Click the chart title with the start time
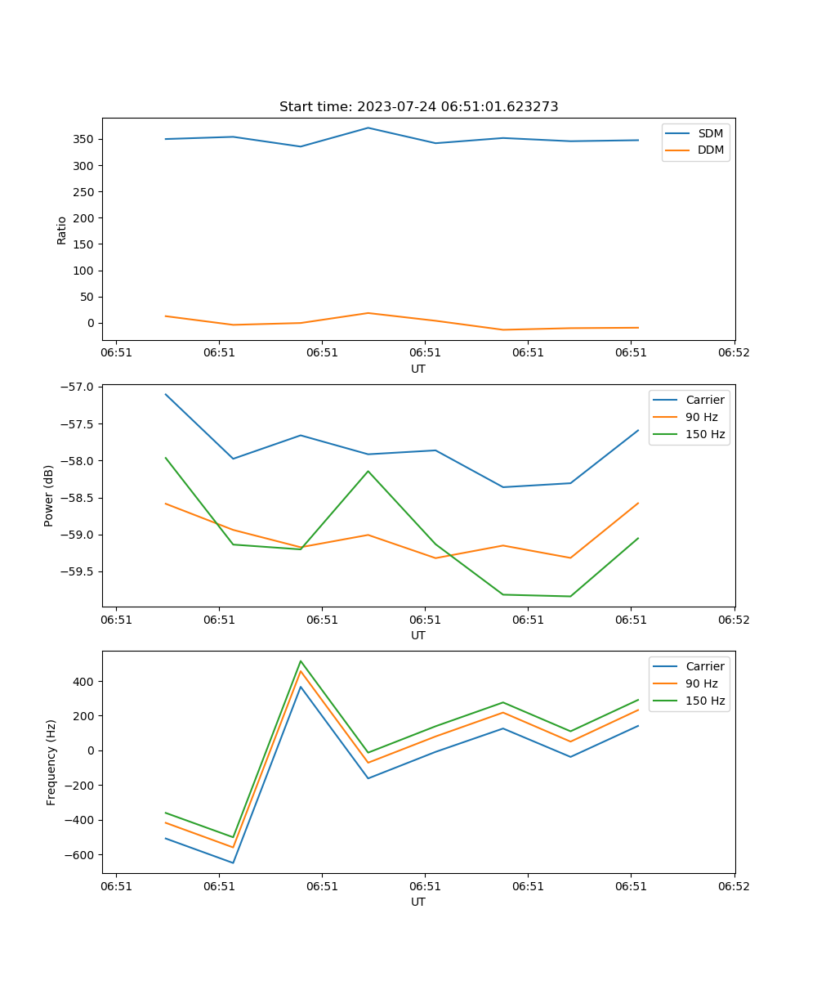(418, 107)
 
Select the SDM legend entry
(710, 133)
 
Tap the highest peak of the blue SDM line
(368, 128)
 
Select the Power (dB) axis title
(49, 495)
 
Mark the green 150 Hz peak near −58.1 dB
(368, 471)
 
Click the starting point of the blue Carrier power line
(166, 394)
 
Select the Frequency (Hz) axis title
(51, 762)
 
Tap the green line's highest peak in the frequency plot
(301, 661)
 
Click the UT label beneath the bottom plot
(418, 902)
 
